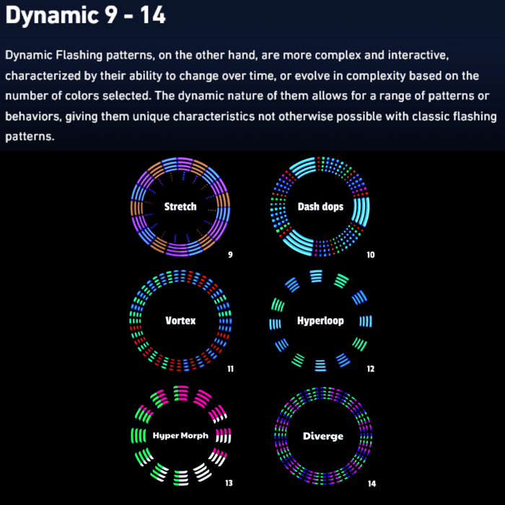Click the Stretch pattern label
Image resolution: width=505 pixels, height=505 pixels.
[x=180, y=206]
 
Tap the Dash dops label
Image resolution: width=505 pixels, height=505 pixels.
[x=320, y=206]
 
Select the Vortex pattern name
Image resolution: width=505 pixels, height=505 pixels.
[x=180, y=320]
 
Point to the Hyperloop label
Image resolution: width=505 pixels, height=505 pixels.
[x=320, y=321]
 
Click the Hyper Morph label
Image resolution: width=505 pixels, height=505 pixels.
[x=180, y=436]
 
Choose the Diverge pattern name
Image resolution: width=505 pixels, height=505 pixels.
[x=323, y=436]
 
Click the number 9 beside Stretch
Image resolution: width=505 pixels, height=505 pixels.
[x=230, y=255]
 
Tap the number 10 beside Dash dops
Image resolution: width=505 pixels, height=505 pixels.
[x=371, y=255]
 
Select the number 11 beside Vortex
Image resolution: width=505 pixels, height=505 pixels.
[x=231, y=369]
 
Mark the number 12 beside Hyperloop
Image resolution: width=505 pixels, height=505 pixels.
[x=371, y=369]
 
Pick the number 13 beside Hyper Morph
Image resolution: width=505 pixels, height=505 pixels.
[x=229, y=483]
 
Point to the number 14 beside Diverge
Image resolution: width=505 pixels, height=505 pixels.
[x=372, y=483]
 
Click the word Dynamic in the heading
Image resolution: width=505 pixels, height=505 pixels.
[x=52, y=15]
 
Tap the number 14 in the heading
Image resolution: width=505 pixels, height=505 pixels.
[x=153, y=15]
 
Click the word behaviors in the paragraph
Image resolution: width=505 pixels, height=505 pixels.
[x=33, y=117]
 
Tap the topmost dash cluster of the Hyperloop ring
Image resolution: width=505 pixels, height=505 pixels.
[x=316, y=276]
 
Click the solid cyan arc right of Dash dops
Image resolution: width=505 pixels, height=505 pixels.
[x=361, y=211]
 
